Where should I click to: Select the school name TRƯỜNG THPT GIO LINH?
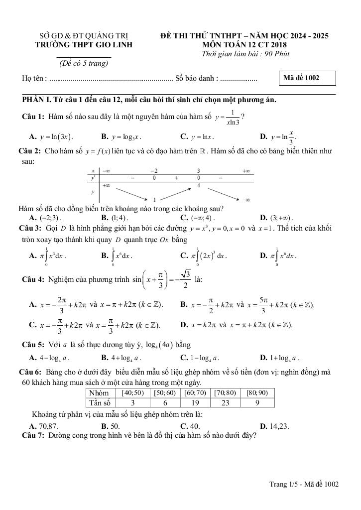point(84,45)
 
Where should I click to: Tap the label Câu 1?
point(33,117)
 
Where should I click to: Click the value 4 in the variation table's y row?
point(199,186)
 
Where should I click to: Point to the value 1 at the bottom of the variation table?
point(155,199)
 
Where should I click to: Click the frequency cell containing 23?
point(224,403)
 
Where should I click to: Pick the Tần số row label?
point(100,403)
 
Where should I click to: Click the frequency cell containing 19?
point(196,403)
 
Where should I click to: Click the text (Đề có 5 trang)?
point(84,63)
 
